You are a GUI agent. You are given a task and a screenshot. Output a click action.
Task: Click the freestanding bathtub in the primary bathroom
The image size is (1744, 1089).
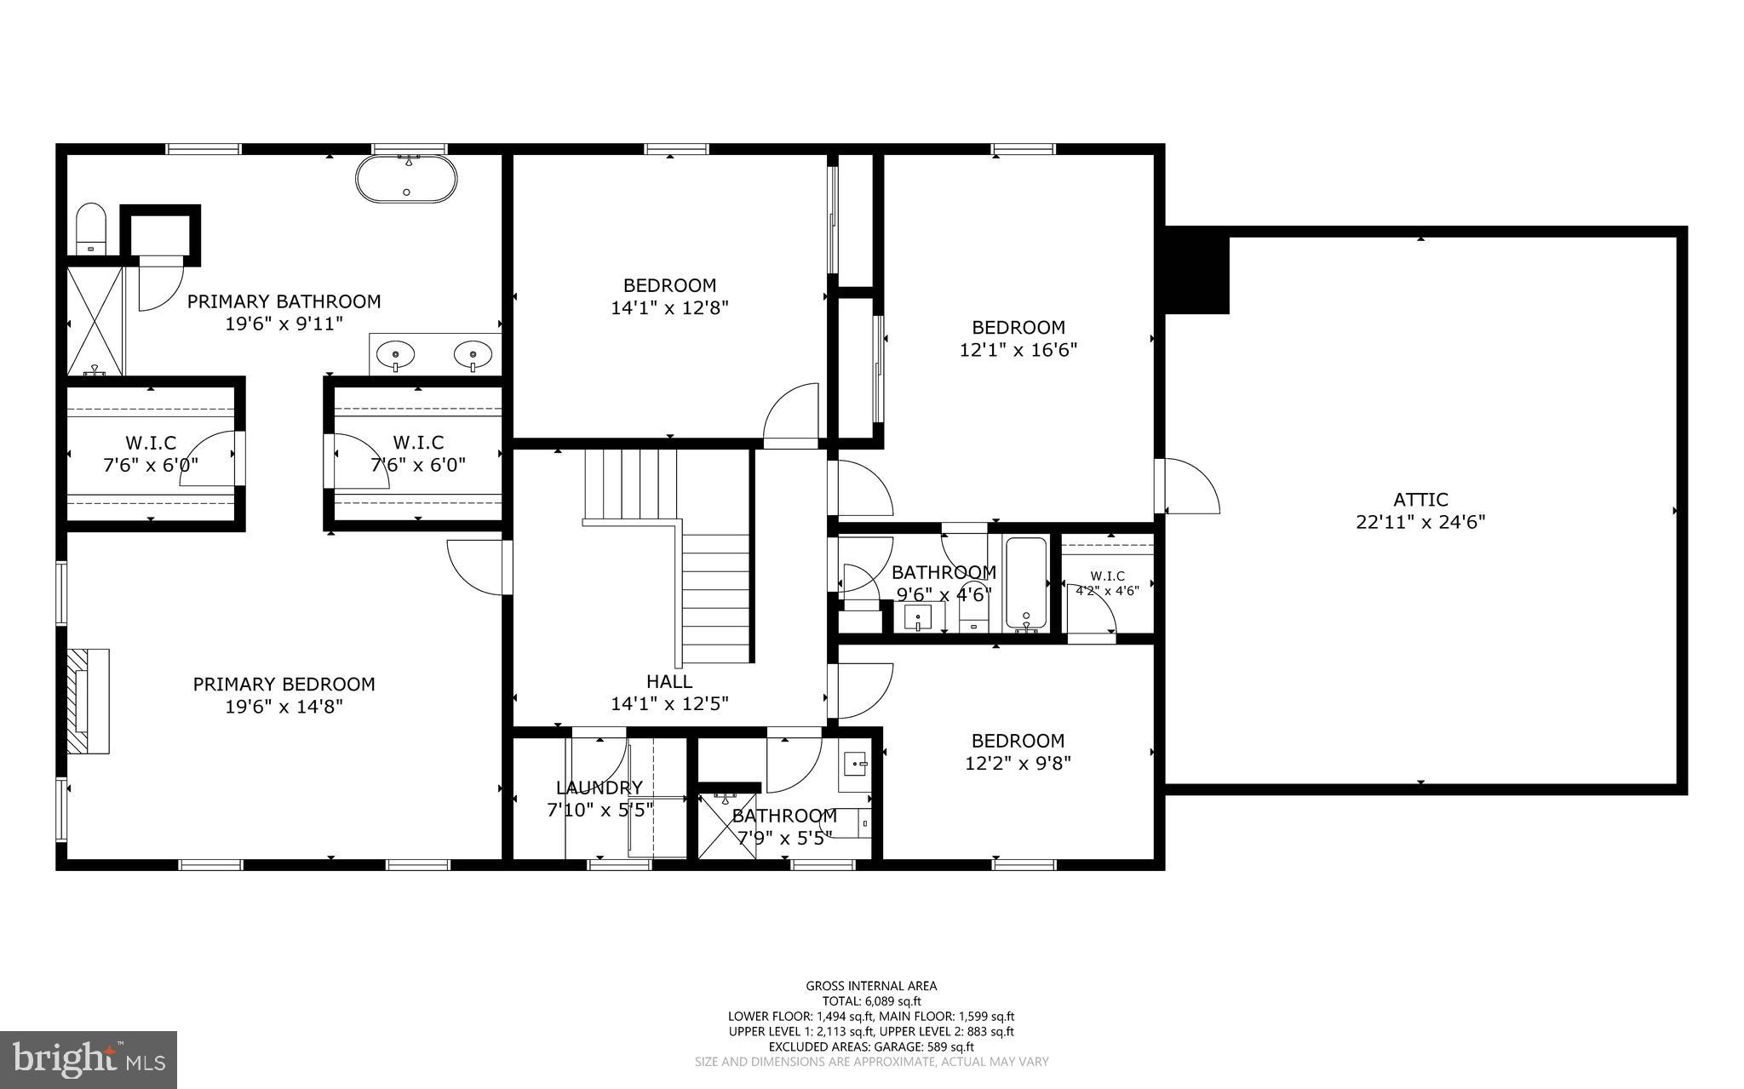pos(406,180)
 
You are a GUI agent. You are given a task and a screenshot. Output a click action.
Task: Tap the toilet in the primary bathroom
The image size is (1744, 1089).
pos(90,229)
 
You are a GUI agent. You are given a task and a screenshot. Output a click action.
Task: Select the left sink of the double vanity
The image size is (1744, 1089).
pos(395,353)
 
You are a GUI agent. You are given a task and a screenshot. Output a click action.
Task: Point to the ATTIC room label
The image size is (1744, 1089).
pos(1420,500)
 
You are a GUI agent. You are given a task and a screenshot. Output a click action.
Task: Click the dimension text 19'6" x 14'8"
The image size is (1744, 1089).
pos(284,706)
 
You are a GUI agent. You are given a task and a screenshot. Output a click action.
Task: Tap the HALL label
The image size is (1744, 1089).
pos(669,681)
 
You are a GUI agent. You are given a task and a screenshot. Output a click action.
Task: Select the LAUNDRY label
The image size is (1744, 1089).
pos(599,788)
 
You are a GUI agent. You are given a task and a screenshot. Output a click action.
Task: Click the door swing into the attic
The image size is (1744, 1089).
pos(1191,486)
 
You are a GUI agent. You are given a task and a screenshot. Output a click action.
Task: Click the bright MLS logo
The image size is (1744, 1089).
pos(89,1059)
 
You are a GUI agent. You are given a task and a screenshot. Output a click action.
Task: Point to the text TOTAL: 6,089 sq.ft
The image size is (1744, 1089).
pos(871,1001)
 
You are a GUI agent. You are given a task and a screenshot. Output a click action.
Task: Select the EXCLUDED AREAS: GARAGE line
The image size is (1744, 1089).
pos(871,1046)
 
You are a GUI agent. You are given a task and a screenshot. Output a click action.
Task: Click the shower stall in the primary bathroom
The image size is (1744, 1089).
pos(95,321)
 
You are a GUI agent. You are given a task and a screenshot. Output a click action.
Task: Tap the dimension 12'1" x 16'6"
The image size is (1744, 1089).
pos(1018,349)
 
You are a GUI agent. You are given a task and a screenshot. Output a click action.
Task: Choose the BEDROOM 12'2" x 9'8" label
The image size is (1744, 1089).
pos(1018,752)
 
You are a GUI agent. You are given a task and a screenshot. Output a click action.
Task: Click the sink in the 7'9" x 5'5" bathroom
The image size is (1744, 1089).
pos(856,765)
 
